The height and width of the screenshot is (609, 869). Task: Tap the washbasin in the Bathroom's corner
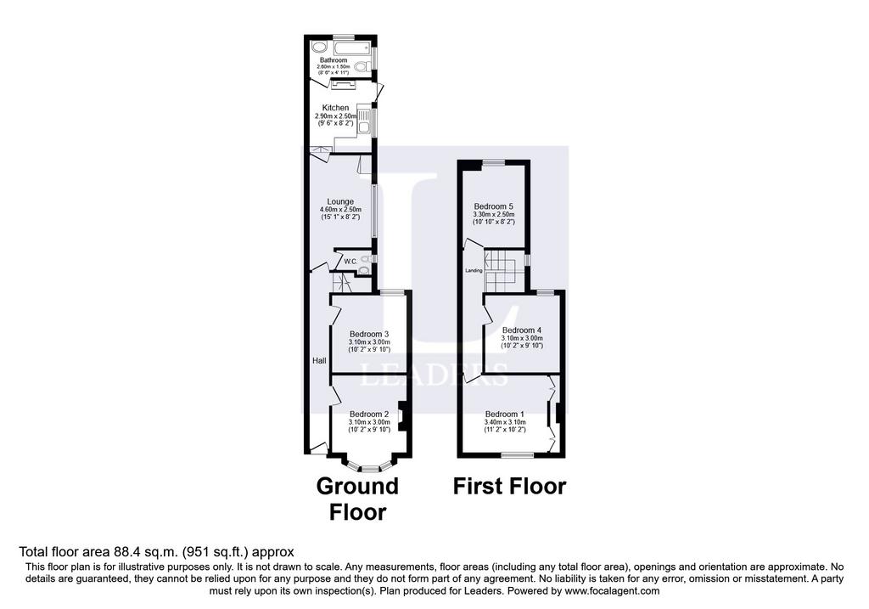[x=319, y=47]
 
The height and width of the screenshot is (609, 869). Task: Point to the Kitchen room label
[x=336, y=108]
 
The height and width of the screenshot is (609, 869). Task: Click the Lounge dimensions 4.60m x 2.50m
[x=340, y=210]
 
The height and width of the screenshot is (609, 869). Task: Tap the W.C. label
[x=350, y=262]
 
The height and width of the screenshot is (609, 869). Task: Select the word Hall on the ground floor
[x=319, y=360]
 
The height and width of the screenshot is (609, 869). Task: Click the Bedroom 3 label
[x=369, y=334]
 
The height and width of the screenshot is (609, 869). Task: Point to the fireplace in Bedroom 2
[x=402, y=415]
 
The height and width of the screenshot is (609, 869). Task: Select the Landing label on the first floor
[x=474, y=271]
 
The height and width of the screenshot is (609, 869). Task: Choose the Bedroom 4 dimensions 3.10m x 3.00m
[x=522, y=338]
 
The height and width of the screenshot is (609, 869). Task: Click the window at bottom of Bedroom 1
[x=518, y=455]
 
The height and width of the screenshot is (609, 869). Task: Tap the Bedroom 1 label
[x=505, y=414]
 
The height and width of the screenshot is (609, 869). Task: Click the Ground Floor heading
[x=357, y=499]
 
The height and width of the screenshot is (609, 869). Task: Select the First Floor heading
[x=510, y=486]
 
